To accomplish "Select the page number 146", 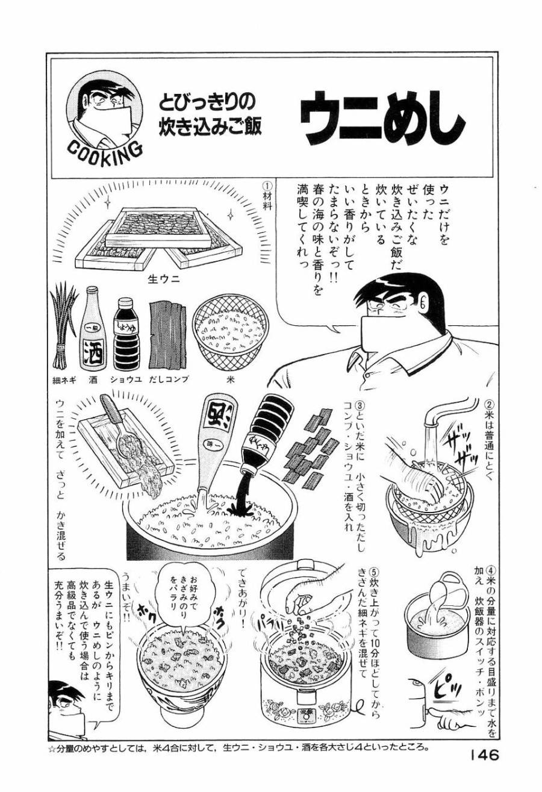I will click(x=481, y=755).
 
